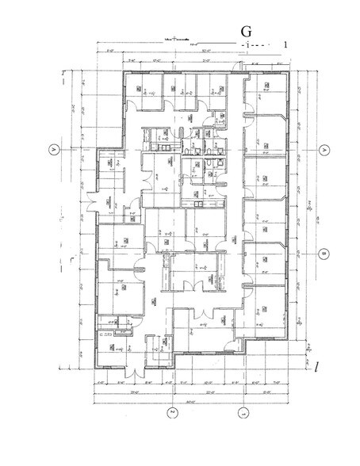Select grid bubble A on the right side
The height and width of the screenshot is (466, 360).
(324, 149)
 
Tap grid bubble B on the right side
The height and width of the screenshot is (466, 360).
(324, 254)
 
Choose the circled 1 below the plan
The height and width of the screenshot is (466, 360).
(243, 411)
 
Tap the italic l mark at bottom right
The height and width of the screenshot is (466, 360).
(315, 367)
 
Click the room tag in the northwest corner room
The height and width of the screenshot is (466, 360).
(137, 89)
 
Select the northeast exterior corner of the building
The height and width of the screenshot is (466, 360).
(289, 73)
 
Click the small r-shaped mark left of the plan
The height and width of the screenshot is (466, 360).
(72, 259)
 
